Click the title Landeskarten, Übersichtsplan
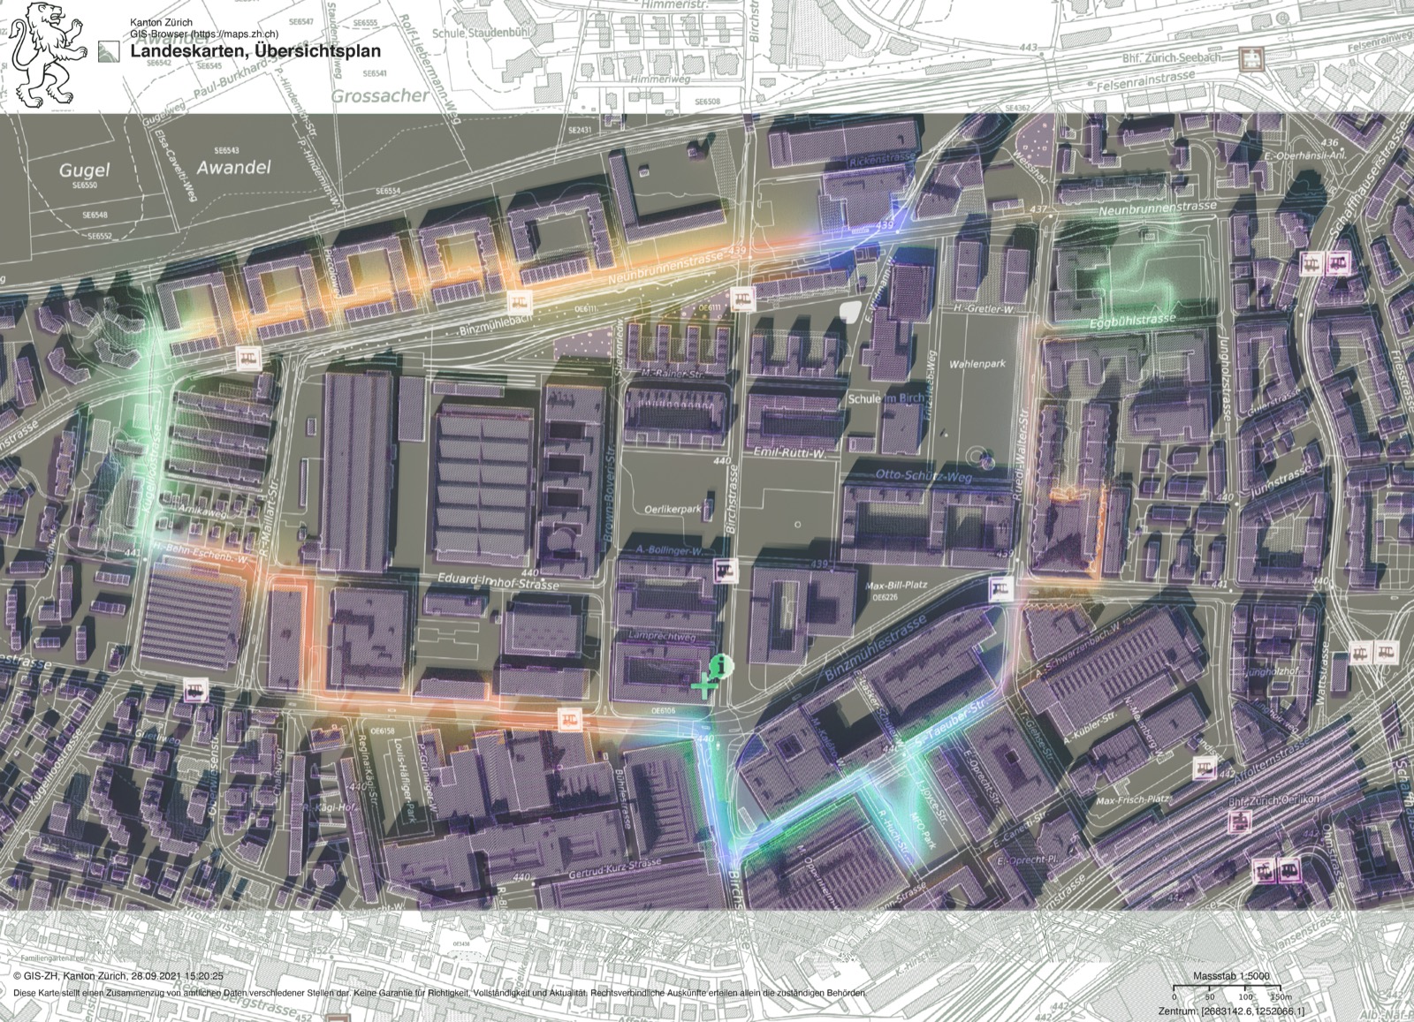tap(255, 51)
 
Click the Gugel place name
tap(85, 170)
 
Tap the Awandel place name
tap(233, 167)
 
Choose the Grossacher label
tap(380, 95)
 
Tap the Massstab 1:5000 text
tap(1231, 975)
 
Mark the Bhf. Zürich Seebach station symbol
tap(1251, 58)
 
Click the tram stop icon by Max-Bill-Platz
tap(1000, 587)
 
